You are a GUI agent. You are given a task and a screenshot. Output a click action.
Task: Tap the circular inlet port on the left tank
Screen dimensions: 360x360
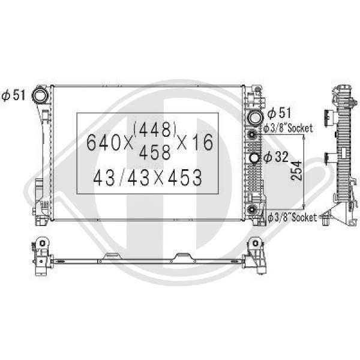(41, 95)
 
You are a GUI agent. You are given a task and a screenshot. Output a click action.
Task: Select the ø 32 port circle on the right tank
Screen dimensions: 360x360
(253, 158)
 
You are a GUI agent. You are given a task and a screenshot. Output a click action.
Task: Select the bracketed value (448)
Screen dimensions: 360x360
(155, 128)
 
